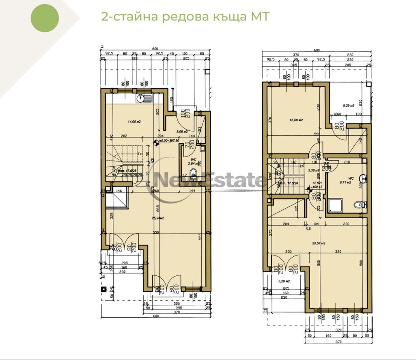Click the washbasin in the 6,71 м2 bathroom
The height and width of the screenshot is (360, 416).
click(x=365, y=178)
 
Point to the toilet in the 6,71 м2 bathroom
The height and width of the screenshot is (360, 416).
click(x=357, y=206)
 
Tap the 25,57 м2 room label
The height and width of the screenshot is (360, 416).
click(x=319, y=243)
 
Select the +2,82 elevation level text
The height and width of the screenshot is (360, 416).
click(x=318, y=184)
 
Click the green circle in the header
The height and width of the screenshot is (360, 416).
click(x=45, y=18)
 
